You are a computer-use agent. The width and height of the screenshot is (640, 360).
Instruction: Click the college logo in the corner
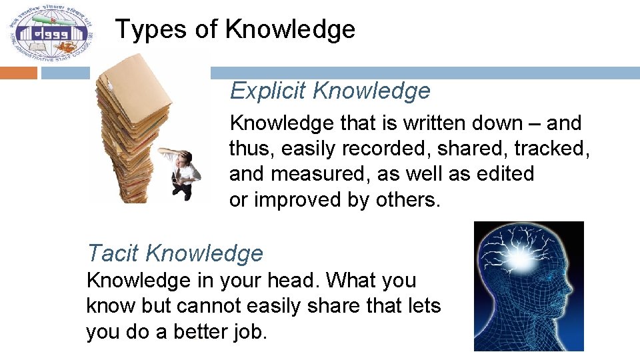(51, 33)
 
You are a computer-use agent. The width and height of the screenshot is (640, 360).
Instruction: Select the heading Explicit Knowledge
(330, 91)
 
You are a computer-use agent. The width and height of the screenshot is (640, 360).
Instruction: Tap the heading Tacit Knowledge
(175, 253)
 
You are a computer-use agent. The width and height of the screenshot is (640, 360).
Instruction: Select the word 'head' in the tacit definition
(295, 281)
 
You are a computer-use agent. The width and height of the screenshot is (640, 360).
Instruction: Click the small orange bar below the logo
(19, 73)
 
